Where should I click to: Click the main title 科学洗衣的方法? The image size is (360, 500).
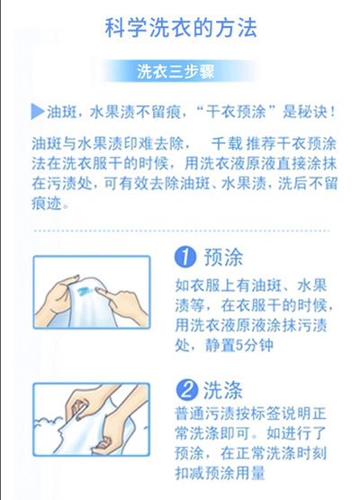[x=181, y=28]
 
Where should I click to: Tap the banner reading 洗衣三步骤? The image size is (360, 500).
[x=175, y=71]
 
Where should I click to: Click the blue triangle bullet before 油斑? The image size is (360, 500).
[x=37, y=112]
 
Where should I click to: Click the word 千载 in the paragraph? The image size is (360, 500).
[x=227, y=143]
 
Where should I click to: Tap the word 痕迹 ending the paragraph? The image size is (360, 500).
[x=46, y=203]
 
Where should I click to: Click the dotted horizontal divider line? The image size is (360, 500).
[x=182, y=231]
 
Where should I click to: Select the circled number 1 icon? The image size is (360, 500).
[x=185, y=258]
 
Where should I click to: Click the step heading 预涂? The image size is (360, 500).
[x=223, y=258]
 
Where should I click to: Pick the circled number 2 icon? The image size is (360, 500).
[x=186, y=390]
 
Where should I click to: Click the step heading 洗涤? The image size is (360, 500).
[x=223, y=390]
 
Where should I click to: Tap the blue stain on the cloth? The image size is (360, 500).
[x=85, y=290]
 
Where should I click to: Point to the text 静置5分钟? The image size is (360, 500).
[x=239, y=345]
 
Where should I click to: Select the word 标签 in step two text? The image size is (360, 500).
[x=267, y=414]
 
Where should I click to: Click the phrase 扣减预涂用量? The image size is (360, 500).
[x=220, y=473]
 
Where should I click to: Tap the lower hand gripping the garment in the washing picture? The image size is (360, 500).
[x=103, y=442]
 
